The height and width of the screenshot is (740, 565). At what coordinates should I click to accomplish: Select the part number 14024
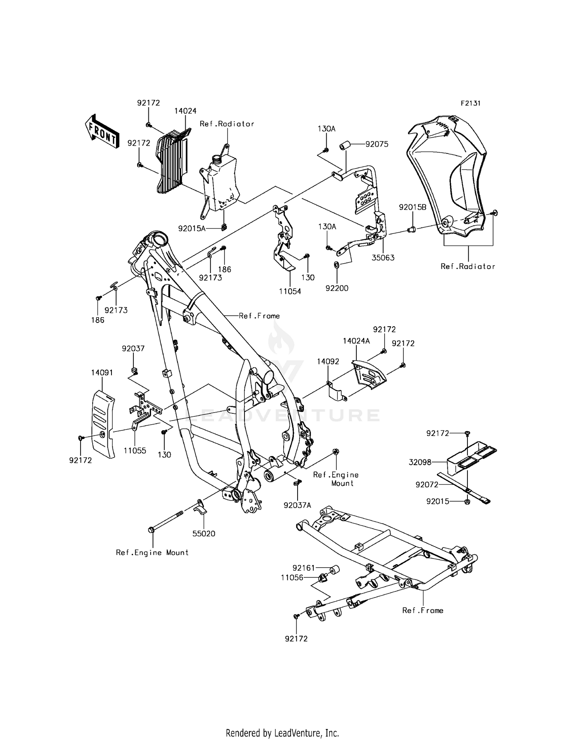tap(185, 111)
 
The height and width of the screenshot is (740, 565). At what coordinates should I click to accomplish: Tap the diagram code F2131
tap(470, 103)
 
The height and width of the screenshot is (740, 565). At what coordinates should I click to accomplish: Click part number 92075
tap(377, 144)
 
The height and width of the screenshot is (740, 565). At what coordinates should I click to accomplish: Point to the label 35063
tap(383, 258)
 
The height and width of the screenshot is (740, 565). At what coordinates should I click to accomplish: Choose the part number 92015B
tap(412, 207)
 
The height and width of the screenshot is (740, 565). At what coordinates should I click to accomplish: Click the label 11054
tap(290, 292)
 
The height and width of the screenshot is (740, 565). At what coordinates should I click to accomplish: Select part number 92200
tap(337, 288)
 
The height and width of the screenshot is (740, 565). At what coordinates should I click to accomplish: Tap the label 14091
tap(102, 373)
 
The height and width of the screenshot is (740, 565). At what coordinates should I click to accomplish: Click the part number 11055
tap(135, 451)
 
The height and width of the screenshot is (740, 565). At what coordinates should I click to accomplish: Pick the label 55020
tap(204, 534)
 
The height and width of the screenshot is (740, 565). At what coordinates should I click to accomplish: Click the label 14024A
tap(356, 341)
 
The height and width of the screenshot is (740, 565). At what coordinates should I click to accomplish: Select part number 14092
tap(328, 361)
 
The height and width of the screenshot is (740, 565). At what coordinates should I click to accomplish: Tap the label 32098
tap(420, 462)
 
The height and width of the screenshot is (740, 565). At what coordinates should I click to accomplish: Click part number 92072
tap(427, 485)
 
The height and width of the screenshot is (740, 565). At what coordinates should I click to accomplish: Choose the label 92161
tap(304, 567)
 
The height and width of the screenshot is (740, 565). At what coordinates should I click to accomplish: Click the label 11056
tap(292, 577)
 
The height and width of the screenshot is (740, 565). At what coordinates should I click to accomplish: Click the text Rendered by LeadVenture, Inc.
tap(282, 733)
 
